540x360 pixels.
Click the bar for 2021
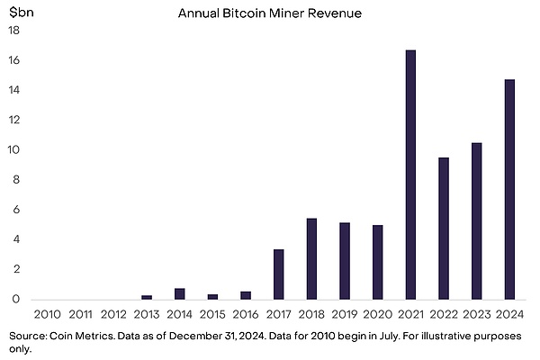click(410, 175)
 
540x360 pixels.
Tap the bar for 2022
click(444, 229)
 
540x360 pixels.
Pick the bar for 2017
click(279, 274)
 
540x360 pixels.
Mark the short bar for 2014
click(180, 293)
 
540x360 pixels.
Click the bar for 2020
click(378, 262)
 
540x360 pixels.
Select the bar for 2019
click(345, 261)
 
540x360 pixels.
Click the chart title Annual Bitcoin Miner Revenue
click(269, 13)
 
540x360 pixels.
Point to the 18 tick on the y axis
click(14, 31)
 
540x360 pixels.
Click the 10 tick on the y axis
click(14, 150)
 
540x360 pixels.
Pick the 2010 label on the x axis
click(48, 314)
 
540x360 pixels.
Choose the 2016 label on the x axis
click(246, 314)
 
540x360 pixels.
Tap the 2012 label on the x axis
click(114, 314)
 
